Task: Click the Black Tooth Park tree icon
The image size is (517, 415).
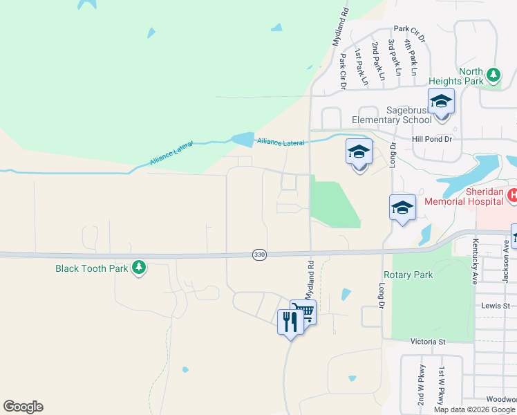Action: pyautogui.click(x=139, y=268)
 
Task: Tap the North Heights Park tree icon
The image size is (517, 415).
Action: pyautogui.click(x=493, y=74)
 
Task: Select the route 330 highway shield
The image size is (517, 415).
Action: pyautogui.click(x=259, y=255)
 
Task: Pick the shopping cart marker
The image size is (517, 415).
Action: pyautogui.click(x=303, y=313)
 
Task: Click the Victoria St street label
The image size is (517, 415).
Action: pyautogui.click(x=429, y=342)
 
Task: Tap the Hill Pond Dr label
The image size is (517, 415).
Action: pyautogui.click(x=431, y=139)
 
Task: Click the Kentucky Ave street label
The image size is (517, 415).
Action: pyautogui.click(x=476, y=255)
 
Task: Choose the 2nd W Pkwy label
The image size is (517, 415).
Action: pyautogui.click(x=420, y=385)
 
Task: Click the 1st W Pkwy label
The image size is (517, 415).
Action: pyautogui.click(x=440, y=386)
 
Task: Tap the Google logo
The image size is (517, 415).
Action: pyautogui.click(x=23, y=407)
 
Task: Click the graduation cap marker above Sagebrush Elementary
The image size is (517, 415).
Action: pyautogui.click(x=441, y=102)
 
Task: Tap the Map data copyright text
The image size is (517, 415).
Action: pyautogui.click(x=474, y=409)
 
